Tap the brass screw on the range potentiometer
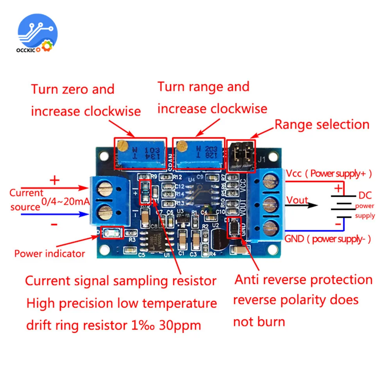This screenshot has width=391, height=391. (x=181, y=146)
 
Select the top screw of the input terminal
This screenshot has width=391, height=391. (x=104, y=190)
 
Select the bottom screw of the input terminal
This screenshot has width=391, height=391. (x=104, y=213)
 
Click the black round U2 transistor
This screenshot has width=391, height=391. (x=219, y=238)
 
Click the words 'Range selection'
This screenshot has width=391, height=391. (x=322, y=125)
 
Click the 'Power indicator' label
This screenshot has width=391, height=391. (x=50, y=253)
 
